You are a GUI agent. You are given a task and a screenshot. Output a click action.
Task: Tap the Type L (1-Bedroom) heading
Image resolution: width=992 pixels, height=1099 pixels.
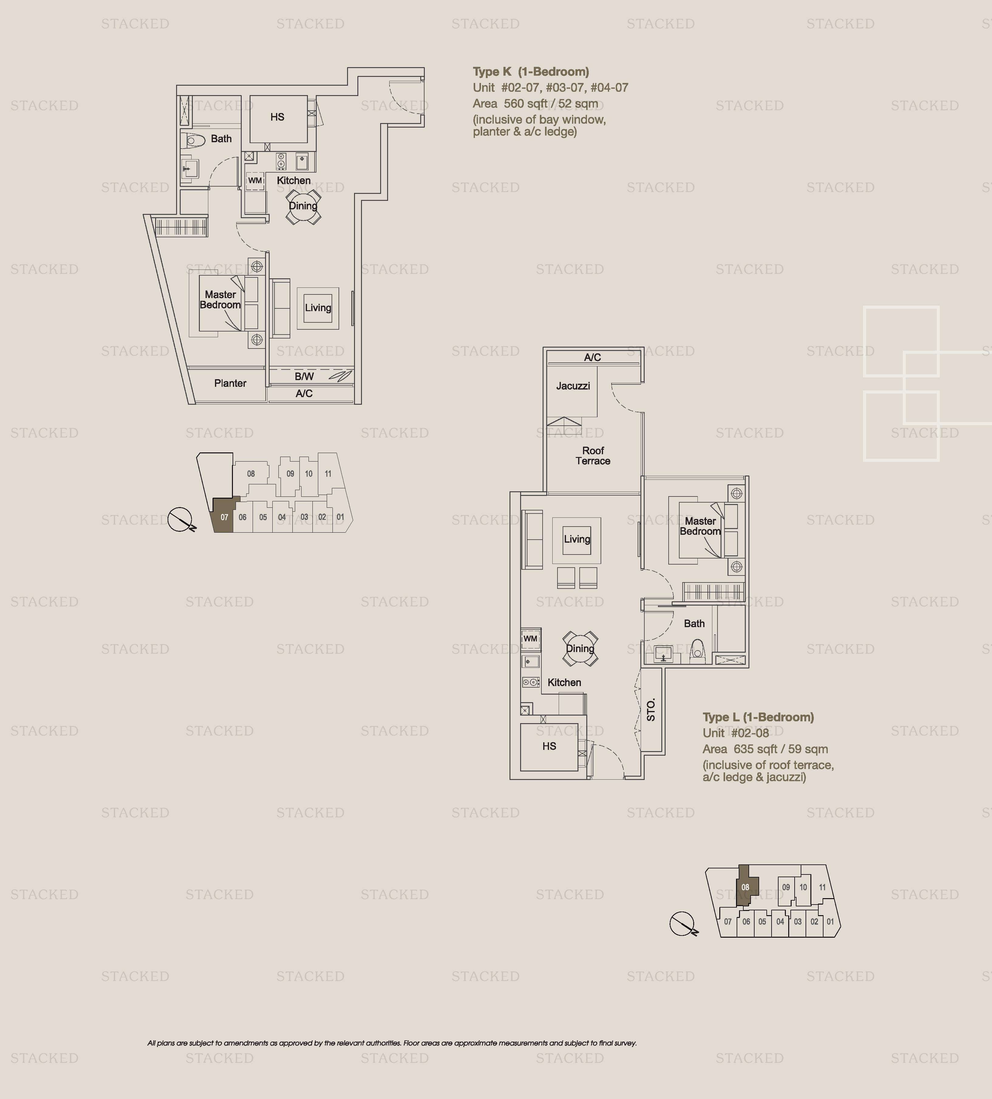(x=758, y=717)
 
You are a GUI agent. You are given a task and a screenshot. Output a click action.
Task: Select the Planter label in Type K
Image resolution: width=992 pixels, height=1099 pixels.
(x=230, y=383)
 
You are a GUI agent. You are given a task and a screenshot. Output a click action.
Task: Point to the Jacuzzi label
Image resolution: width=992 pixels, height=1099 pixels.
(x=573, y=386)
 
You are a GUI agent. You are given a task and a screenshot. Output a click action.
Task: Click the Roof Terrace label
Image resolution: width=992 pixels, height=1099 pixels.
(x=593, y=456)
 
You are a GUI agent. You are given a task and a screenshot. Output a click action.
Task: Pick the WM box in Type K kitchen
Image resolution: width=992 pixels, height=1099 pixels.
(x=255, y=180)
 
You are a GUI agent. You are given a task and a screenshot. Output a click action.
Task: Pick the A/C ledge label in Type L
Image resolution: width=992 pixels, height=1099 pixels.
(x=592, y=358)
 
